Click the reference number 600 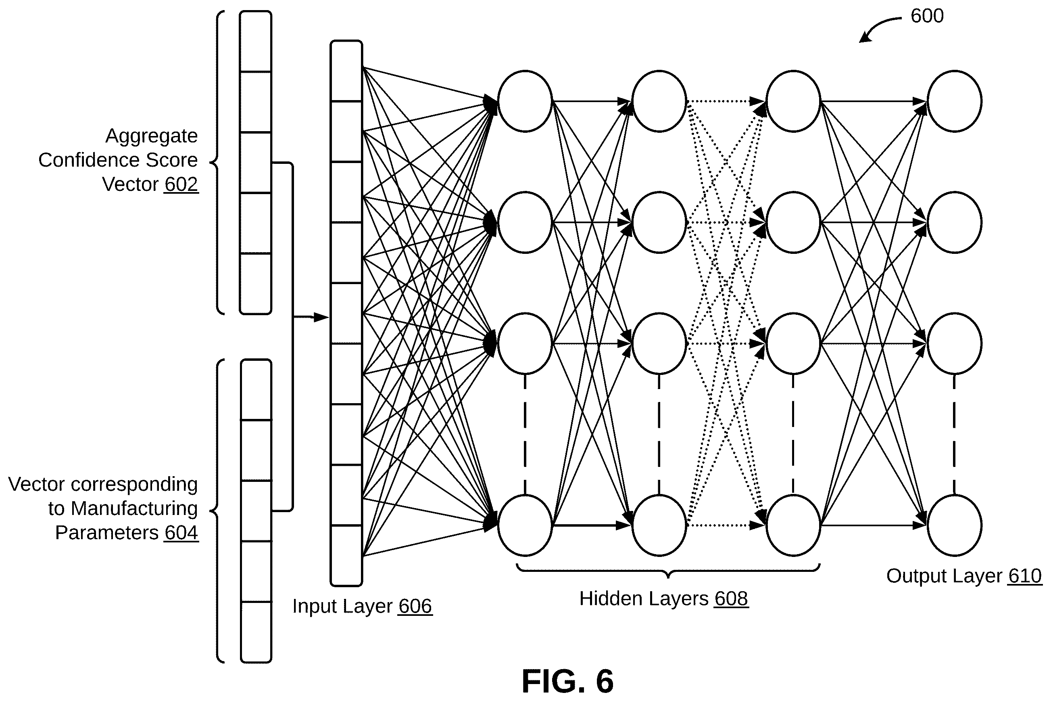point(927,16)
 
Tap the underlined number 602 point(181,184)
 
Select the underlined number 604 point(181,532)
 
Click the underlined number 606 point(415,606)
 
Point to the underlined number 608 point(731,598)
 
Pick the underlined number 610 point(1025,576)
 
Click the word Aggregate point(151,136)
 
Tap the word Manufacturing point(134,508)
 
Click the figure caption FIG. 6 point(568,681)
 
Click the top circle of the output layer point(954,101)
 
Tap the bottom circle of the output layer point(954,525)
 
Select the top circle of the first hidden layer point(525,101)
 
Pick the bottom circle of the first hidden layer point(525,525)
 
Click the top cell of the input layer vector point(346,71)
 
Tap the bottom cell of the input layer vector point(346,556)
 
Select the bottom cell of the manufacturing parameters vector point(256,632)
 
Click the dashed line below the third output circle point(954,434)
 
